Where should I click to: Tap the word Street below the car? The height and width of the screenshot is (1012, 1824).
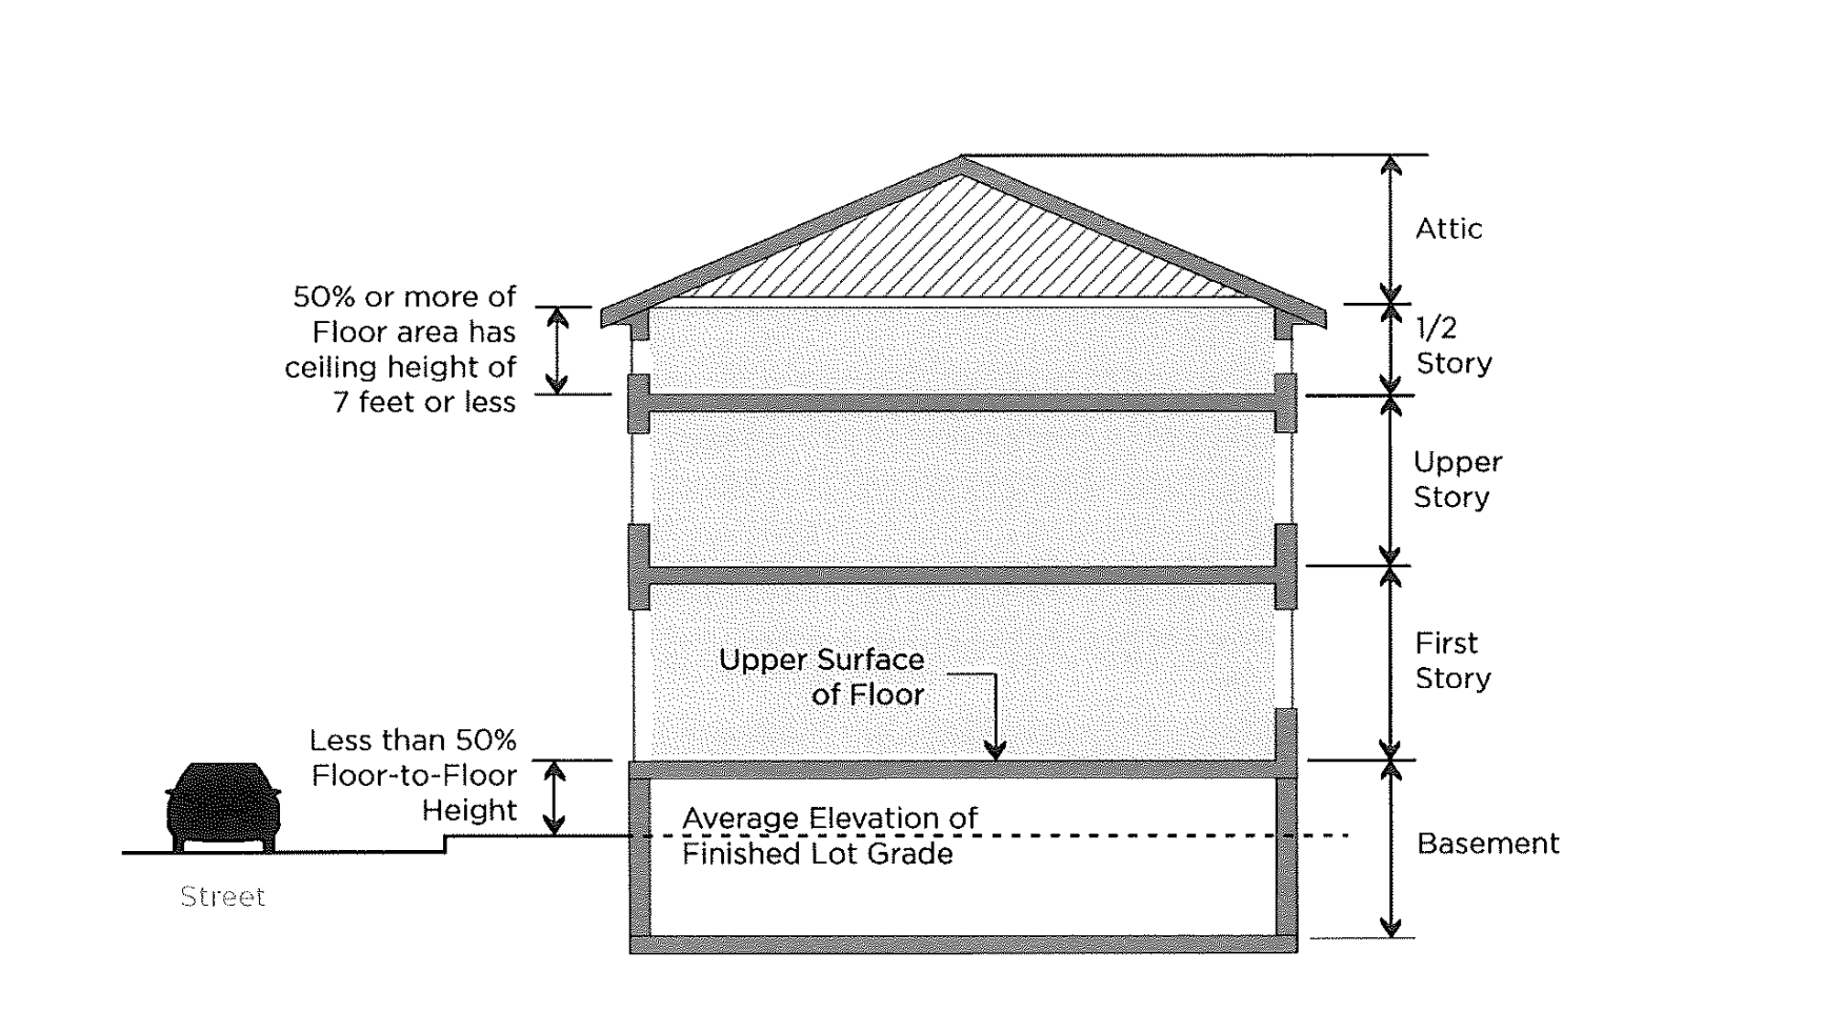222,897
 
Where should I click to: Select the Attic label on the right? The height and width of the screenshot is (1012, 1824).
1448,229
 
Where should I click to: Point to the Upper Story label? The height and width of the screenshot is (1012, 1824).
1456,479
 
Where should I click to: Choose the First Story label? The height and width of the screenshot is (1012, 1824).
1452,661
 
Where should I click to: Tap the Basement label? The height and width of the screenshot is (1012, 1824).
1487,844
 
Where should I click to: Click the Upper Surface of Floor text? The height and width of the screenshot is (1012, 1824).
821,677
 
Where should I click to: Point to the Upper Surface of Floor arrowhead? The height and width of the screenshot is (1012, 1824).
994,749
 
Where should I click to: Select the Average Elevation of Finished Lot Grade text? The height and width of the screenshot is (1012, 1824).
828,835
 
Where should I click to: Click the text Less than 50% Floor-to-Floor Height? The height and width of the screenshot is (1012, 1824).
413,775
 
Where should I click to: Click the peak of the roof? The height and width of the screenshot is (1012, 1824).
961,160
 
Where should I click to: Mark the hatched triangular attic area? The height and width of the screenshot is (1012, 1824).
961,247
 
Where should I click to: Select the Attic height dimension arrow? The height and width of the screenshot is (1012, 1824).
1390,229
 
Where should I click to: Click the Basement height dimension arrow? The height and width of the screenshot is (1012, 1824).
1390,849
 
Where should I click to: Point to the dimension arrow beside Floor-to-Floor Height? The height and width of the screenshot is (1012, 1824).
555,798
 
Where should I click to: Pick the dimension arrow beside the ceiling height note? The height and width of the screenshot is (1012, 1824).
557,350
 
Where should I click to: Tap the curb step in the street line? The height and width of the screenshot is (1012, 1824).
446,844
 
